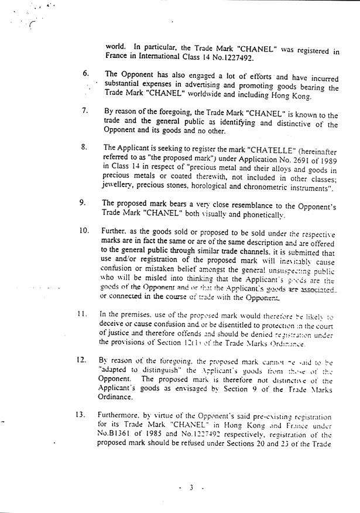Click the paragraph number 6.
[x=85, y=74]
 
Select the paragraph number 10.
[x=84, y=230]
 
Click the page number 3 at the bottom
[x=191, y=487]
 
